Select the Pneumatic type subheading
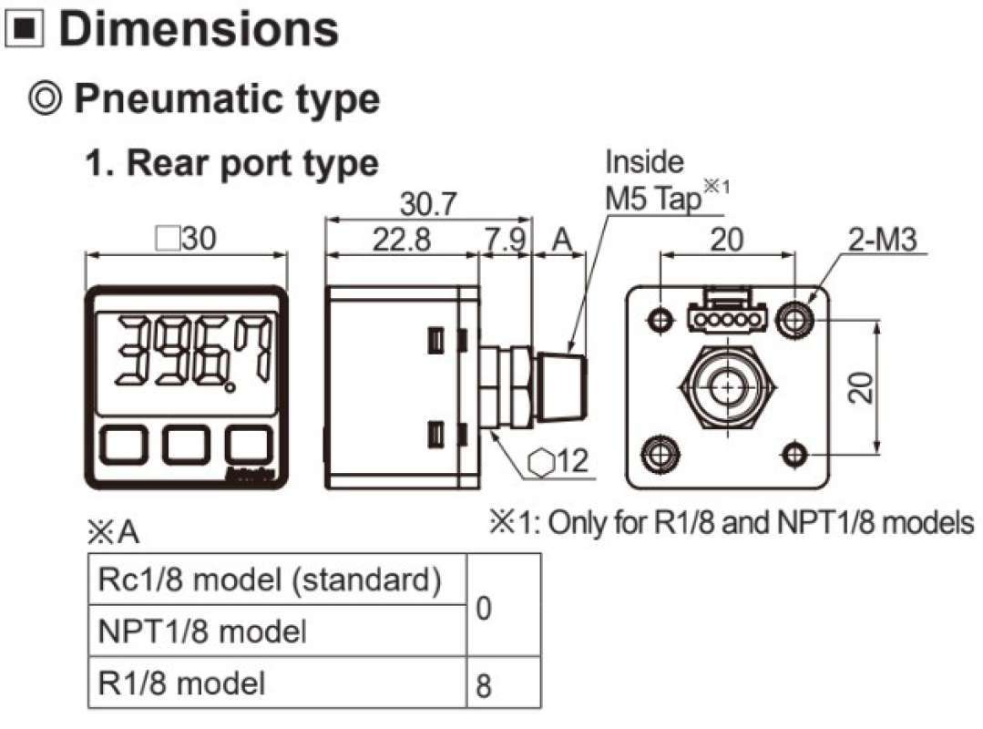pos(225,98)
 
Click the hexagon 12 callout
pos(558,463)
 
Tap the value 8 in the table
pos(484,685)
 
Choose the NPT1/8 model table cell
pos(200,630)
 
